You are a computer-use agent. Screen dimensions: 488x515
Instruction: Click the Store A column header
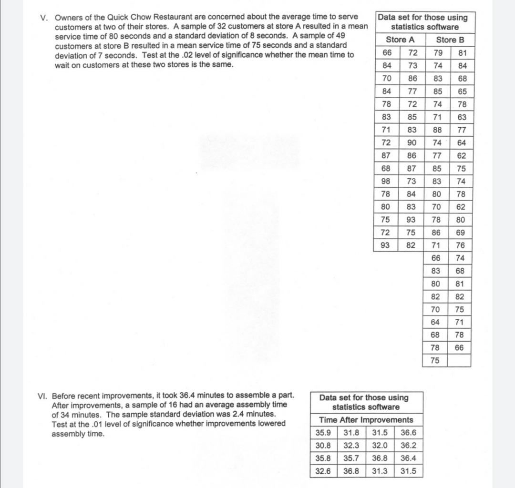(400, 40)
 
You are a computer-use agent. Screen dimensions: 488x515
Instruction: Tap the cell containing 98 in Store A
(386, 182)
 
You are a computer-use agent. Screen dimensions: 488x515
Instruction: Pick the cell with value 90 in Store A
(411, 143)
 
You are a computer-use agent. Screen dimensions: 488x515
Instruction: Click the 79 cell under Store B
(435, 53)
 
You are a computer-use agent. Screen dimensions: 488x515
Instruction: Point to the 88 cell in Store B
(435, 130)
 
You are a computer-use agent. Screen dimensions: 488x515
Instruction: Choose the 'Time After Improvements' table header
(366, 420)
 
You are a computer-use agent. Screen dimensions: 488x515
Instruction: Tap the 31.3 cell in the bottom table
(380, 472)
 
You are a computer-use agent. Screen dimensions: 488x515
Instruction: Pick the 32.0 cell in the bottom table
(380, 446)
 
